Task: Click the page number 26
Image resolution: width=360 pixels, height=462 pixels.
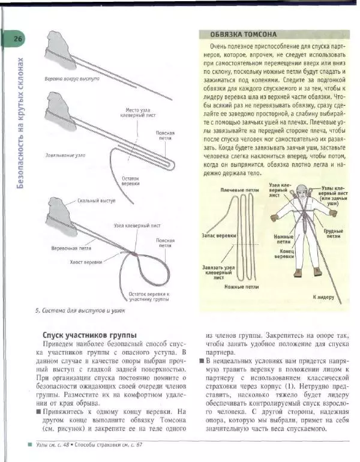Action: pos(17,39)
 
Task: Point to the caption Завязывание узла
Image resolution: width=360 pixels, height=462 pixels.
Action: pos(65,155)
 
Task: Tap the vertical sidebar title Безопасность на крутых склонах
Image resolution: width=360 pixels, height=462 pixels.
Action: pos(20,123)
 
